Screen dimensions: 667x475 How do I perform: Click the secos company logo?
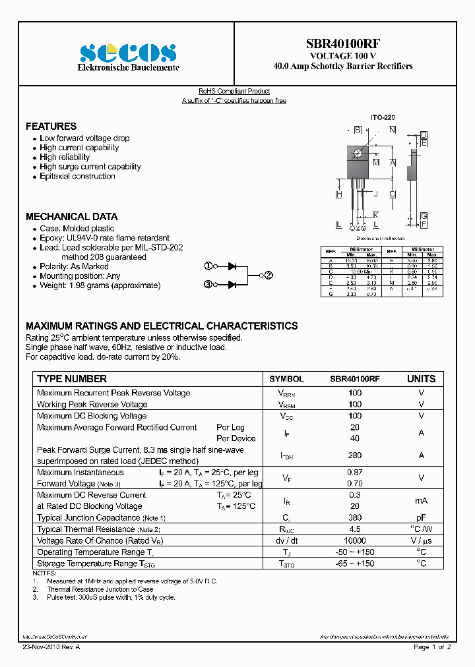[127, 53]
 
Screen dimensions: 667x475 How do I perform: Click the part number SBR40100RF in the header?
[342, 44]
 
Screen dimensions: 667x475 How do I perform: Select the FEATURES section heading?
[51, 126]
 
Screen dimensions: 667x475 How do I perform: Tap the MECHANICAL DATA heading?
[71, 216]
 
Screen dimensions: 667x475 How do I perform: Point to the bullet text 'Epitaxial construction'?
[77, 176]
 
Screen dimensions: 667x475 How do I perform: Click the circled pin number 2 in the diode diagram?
[269, 275]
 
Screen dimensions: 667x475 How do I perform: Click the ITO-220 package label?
[383, 117]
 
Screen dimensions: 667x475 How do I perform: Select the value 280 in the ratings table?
[355, 455]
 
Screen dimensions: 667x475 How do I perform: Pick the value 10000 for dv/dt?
[355, 540]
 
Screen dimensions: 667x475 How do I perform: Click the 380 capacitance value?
[355, 518]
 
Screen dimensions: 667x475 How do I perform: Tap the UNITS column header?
[421, 379]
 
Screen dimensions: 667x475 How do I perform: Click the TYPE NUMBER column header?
[72, 379]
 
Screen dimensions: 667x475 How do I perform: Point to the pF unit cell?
[421, 518]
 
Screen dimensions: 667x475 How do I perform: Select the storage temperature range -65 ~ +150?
[355, 564]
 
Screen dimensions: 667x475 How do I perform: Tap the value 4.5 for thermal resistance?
[355, 529]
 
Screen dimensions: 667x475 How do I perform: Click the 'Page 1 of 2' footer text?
[432, 647]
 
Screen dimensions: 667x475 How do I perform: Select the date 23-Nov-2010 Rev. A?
[51, 647]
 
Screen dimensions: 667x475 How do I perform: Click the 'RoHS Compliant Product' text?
[234, 92]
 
